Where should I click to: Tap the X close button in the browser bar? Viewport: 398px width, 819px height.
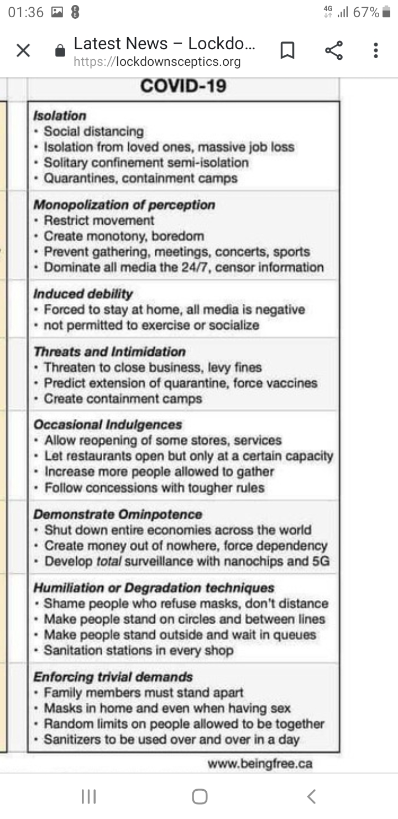[23, 51]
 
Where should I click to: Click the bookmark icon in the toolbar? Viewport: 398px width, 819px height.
[287, 51]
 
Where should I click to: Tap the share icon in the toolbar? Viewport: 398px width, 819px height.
[333, 51]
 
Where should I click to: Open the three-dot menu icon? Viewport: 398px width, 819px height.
[376, 51]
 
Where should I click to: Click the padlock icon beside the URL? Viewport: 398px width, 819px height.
[61, 51]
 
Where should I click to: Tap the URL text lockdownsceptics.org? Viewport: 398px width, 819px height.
[157, 61]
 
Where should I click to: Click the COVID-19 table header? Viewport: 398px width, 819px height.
[183, 86]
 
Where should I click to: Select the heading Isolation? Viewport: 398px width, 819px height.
[60, 116]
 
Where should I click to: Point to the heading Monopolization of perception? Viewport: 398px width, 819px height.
[124, 205]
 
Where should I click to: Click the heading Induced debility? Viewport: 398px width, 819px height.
[83, 294]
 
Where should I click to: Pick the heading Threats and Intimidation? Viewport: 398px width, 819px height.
[109, 352]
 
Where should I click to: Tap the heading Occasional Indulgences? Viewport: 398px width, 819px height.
[108, 424]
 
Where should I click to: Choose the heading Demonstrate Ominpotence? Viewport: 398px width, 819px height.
[118, 514]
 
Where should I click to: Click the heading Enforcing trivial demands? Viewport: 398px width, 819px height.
[113, 677]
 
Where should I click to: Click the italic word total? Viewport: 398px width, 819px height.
[109, 561]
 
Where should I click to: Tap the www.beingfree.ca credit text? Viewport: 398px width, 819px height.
[260, 764]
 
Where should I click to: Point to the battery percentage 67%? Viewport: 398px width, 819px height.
[366, 12]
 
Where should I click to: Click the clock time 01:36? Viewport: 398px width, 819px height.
[26, 12]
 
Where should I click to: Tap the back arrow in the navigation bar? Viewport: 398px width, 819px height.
[311, 796]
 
